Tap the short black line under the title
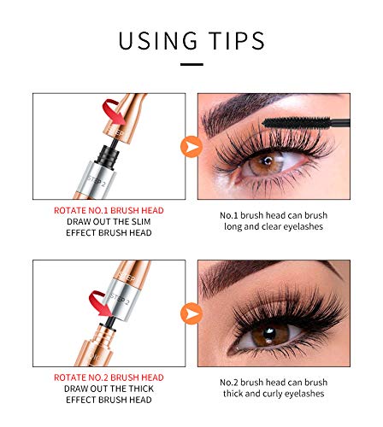[x=191, y=63]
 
